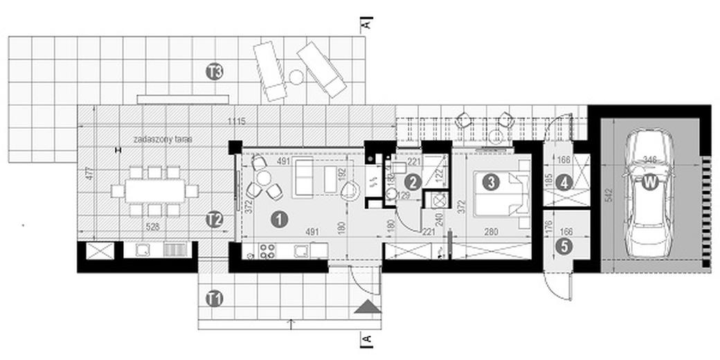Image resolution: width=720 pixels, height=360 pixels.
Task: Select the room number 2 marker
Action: pyautogui.click(x=413, y=183)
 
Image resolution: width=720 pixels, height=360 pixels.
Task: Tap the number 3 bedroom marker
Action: pyautogui.click(x=491, y=183)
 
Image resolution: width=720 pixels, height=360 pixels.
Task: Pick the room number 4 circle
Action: pyautogui.click(x=566, y=183)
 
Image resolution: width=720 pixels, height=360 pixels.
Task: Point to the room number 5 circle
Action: pyautogui.click(x=566, y=245)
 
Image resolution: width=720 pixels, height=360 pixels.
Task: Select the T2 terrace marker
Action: pyautogui.click(x=215, y=219)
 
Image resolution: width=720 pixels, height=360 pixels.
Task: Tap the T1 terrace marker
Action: pyautogui.click(x=215, y=298)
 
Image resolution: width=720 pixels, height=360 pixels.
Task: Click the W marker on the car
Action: pyautogui.click(x=649, y=183)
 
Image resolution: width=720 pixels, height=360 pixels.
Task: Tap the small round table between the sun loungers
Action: pyautogui.click(x=296, y=76)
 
